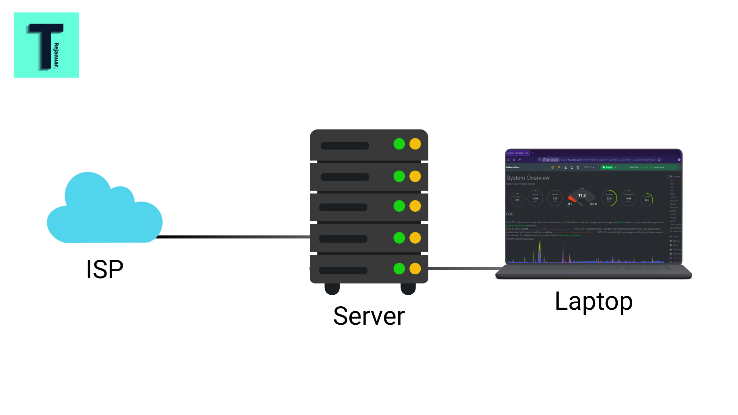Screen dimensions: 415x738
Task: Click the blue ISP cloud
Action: (x=104, y=211)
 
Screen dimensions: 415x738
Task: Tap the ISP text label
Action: (x=105, y=269)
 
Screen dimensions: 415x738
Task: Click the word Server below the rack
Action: (x=369, y=316)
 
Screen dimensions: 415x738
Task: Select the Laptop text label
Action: (x=593, y=301)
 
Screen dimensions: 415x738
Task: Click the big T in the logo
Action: (x=45, y=44)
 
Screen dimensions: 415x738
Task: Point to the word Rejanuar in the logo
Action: (x=57, y=55)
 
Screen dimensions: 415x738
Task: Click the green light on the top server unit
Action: (x=399, y=144)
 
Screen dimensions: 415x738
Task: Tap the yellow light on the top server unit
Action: (x=415, y=144)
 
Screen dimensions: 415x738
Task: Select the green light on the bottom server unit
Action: (x=399, y=269)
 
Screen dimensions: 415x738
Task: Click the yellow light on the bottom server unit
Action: (x=415, y=269)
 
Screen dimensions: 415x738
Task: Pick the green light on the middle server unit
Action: (x=399, y=206)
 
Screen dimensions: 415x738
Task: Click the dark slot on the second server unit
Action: (x=344, y=177)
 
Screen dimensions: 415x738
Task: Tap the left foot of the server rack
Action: (x=332, y=289)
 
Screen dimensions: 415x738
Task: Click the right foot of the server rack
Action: (x=408, y=289)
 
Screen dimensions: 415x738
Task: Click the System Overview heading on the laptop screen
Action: (x=528, y=178)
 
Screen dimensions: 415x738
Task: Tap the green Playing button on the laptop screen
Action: (x=608, y=168)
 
